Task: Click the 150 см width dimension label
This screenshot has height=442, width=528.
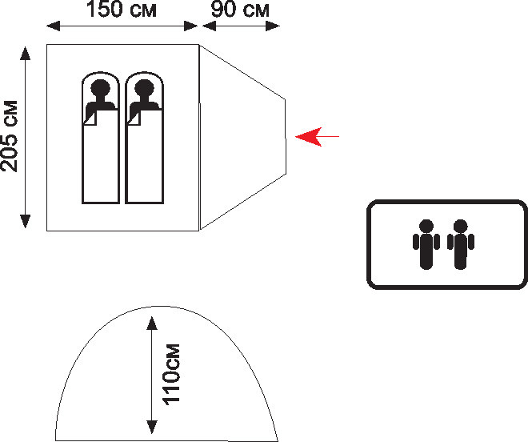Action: point(122,9)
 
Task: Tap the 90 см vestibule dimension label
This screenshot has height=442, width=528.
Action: point(240,9)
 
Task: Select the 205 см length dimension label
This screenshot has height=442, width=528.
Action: point(9,136)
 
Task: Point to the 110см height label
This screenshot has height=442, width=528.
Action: point(171,374)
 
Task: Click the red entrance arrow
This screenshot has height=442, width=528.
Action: point(318,137)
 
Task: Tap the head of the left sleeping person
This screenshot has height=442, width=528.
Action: point(100,89)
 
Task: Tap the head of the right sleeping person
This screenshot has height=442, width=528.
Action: point(144,89)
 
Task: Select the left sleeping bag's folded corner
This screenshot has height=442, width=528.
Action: point(90,118)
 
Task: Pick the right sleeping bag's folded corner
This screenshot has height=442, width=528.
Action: point(134,118)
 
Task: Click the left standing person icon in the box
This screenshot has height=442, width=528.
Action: point(426,244)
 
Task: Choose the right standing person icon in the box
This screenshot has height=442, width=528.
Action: point(460,244)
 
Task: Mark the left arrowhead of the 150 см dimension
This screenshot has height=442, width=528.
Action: point(54,26)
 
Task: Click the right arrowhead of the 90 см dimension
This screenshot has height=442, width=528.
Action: point(273,26)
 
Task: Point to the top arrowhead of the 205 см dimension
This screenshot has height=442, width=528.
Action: point(26,54)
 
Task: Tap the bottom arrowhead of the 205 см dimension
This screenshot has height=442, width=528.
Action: point(26,221)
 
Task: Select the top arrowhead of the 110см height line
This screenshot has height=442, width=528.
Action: point(152,323)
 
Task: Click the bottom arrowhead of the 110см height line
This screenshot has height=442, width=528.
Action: point(152,427)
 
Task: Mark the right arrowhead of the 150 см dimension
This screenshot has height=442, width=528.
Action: point(191,26)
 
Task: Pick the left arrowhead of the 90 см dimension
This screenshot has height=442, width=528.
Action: point(209,26)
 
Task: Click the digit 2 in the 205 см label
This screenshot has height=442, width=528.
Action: point(9,165)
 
